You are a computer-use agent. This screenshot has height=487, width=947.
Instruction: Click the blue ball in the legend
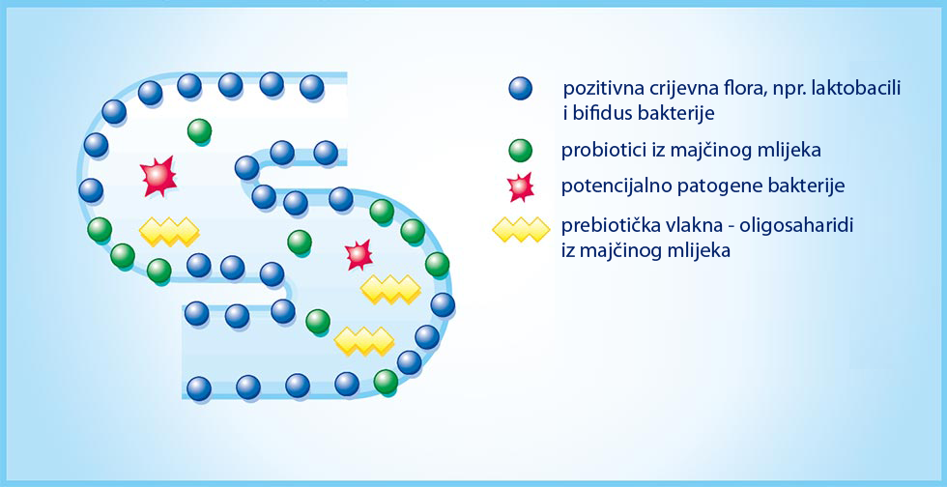click(520, 88)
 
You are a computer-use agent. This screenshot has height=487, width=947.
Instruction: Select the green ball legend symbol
click(520, 151)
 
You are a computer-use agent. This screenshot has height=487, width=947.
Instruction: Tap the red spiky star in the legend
click(521, 186)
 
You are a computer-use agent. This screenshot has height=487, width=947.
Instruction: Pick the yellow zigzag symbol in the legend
click(521, 230)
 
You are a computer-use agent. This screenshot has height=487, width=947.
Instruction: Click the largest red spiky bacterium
click(158, 176)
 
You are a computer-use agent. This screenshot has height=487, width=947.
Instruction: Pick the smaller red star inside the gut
click(359, 254)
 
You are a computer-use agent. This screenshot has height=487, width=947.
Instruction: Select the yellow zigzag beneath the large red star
click(169, 231)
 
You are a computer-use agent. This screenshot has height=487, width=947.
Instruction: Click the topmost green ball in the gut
click(199, 131)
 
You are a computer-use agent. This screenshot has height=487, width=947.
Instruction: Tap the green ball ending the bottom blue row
click(386, 382)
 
